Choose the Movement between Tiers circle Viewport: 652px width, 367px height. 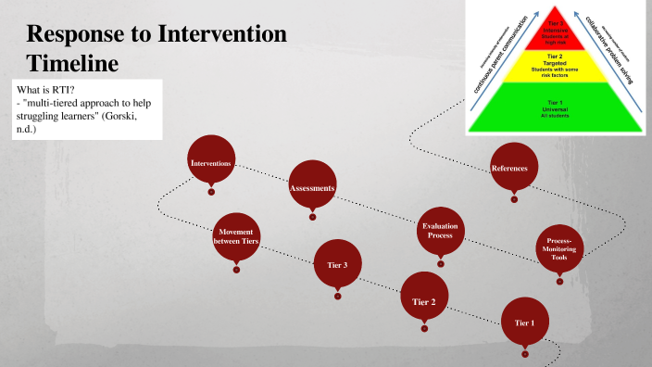pyautogui.click(x=236, y=236)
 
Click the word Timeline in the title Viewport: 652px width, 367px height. pyautogui.click(x=73, y=65)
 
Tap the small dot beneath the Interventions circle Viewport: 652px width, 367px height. pyautogui.click(x=211, y=192)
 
